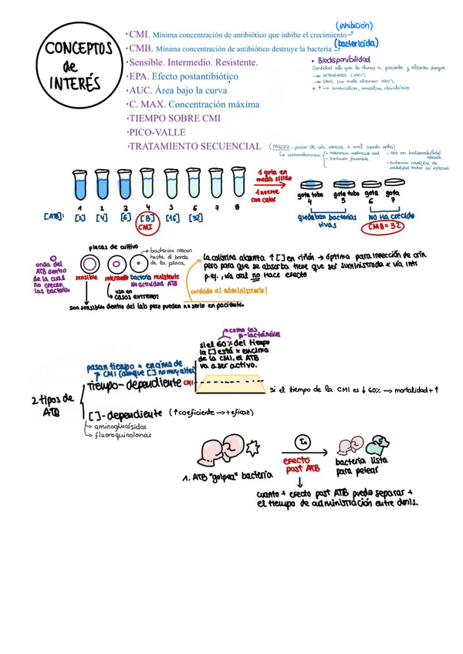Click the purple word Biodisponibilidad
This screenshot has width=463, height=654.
pos(344,59)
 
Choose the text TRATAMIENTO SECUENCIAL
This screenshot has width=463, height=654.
pos(195,146)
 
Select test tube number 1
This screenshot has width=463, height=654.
pos(79,185)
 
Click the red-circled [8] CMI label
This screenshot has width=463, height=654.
pos(147,221)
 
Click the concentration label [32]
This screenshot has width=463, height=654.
pos(196,218)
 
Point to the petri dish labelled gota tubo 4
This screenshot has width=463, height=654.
pos(311,185)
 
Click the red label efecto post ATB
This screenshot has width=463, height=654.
pos(302,464)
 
